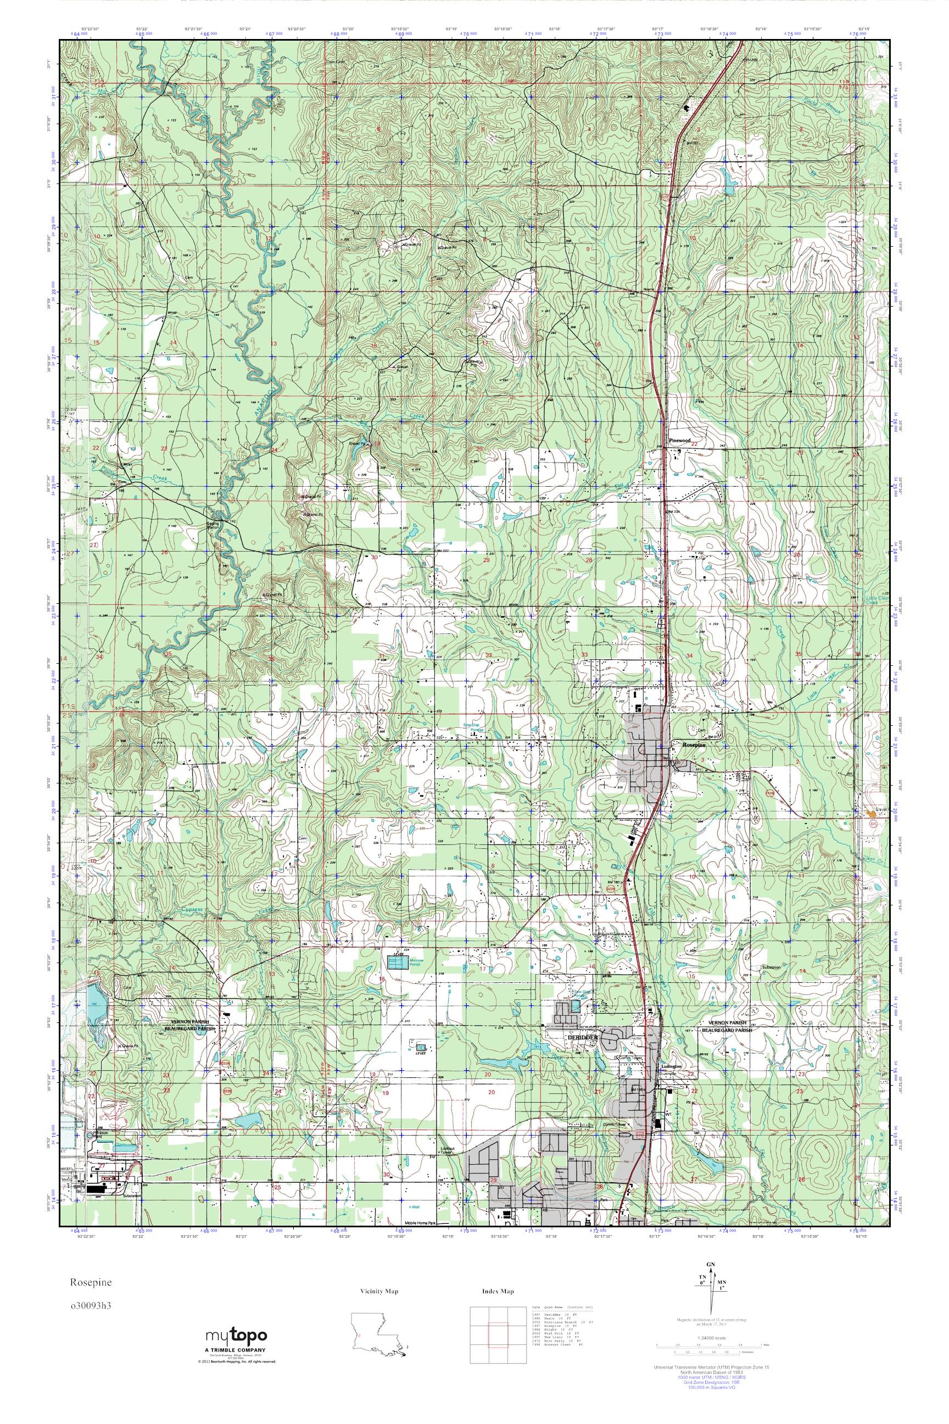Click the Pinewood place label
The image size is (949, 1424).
tap(680, 441)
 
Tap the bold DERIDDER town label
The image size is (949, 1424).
tap(582, 1037)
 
